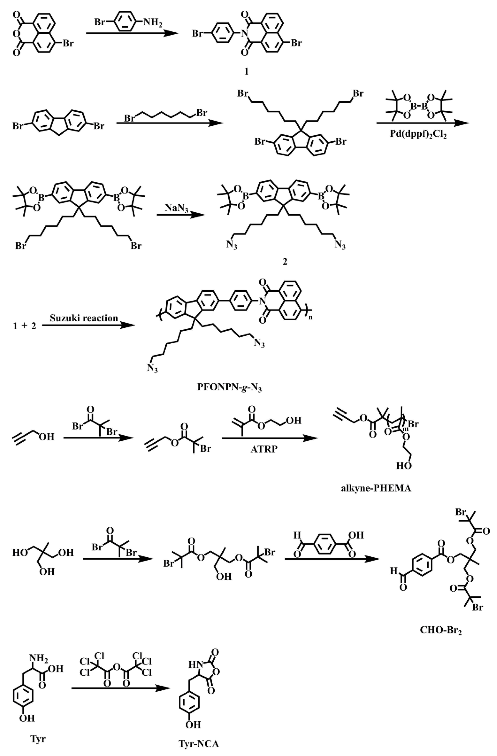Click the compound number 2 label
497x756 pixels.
285,262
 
